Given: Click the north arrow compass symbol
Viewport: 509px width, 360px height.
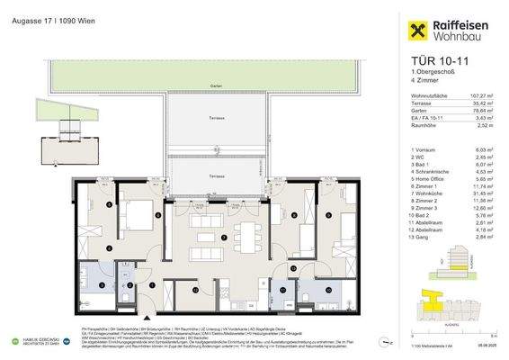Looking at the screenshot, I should [x=388, y=343].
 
